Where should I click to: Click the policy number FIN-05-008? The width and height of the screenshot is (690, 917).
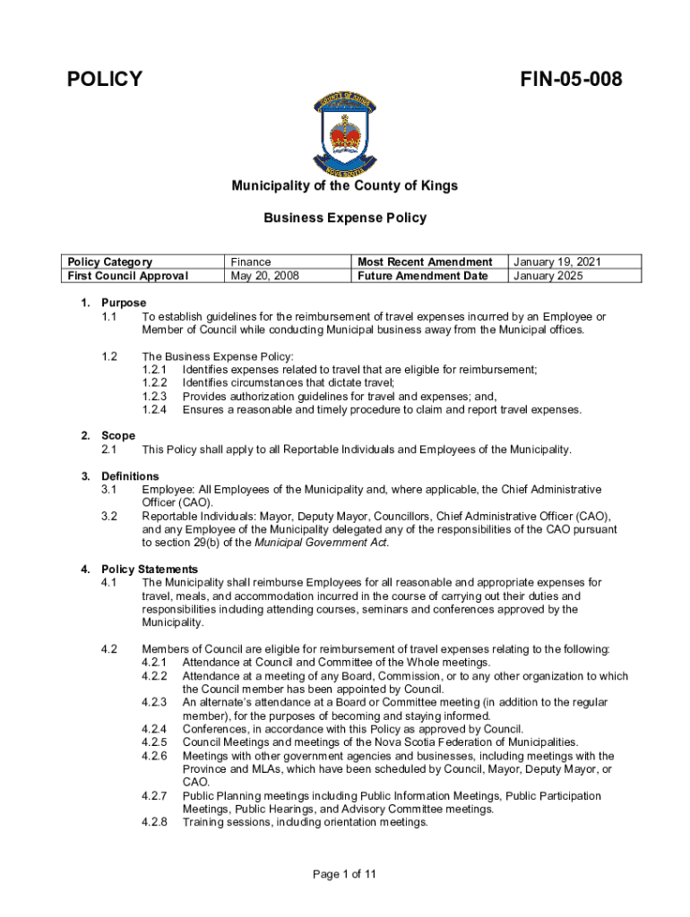[x=571, y=80]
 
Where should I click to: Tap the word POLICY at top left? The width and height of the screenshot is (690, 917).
[x=105, y=80]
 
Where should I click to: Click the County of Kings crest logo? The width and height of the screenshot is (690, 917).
[x=344, y=134]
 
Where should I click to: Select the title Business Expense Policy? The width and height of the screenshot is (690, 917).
[x=345, y=218]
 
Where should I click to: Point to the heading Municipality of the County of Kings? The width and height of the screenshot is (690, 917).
[x=345, y=186]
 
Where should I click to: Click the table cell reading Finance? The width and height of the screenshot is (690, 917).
[x=251, y=262]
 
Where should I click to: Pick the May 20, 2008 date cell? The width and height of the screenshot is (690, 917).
[x=264, y=276]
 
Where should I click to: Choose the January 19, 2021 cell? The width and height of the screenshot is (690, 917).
[x=556, y=262]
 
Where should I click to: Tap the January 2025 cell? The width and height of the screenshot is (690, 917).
[x=548, y=276]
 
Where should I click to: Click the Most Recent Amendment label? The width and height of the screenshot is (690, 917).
[x=425, y=262]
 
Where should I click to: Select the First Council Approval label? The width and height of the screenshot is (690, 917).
[x=127, y=276]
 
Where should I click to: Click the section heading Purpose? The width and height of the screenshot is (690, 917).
[x=124, y=303]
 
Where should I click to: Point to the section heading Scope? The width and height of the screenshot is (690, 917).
[x=118, y=436]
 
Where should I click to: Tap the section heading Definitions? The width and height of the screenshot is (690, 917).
[x=130, y=476]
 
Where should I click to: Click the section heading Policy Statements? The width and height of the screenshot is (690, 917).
[x=150, y=570]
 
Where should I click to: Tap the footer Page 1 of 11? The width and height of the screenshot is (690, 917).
[x=344, y=875]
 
